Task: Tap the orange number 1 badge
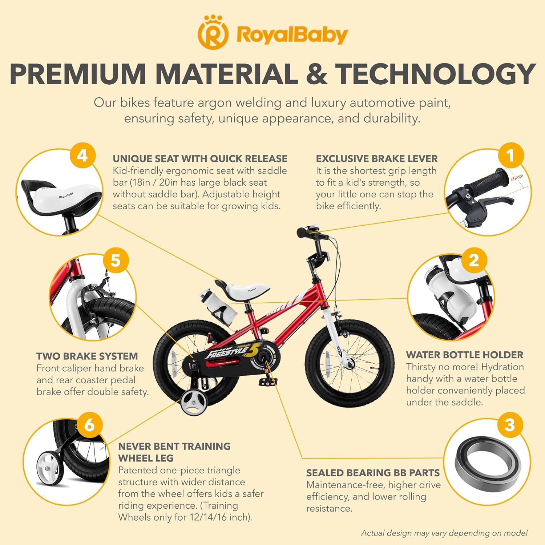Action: coord(510,156)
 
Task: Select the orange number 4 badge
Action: coord(82,156)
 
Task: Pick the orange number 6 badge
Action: coord(89,424)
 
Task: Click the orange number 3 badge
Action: coord(510,424)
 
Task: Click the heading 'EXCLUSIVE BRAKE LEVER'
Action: coord(377,159)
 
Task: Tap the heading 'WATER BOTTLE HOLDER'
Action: coord(465,355)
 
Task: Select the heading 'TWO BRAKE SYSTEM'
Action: coord(87,356)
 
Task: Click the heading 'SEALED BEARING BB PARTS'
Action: coord(373,473)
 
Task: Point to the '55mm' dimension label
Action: coord(517,178)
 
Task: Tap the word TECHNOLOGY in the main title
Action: coord(435,74)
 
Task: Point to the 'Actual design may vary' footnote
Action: coord(444,533)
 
